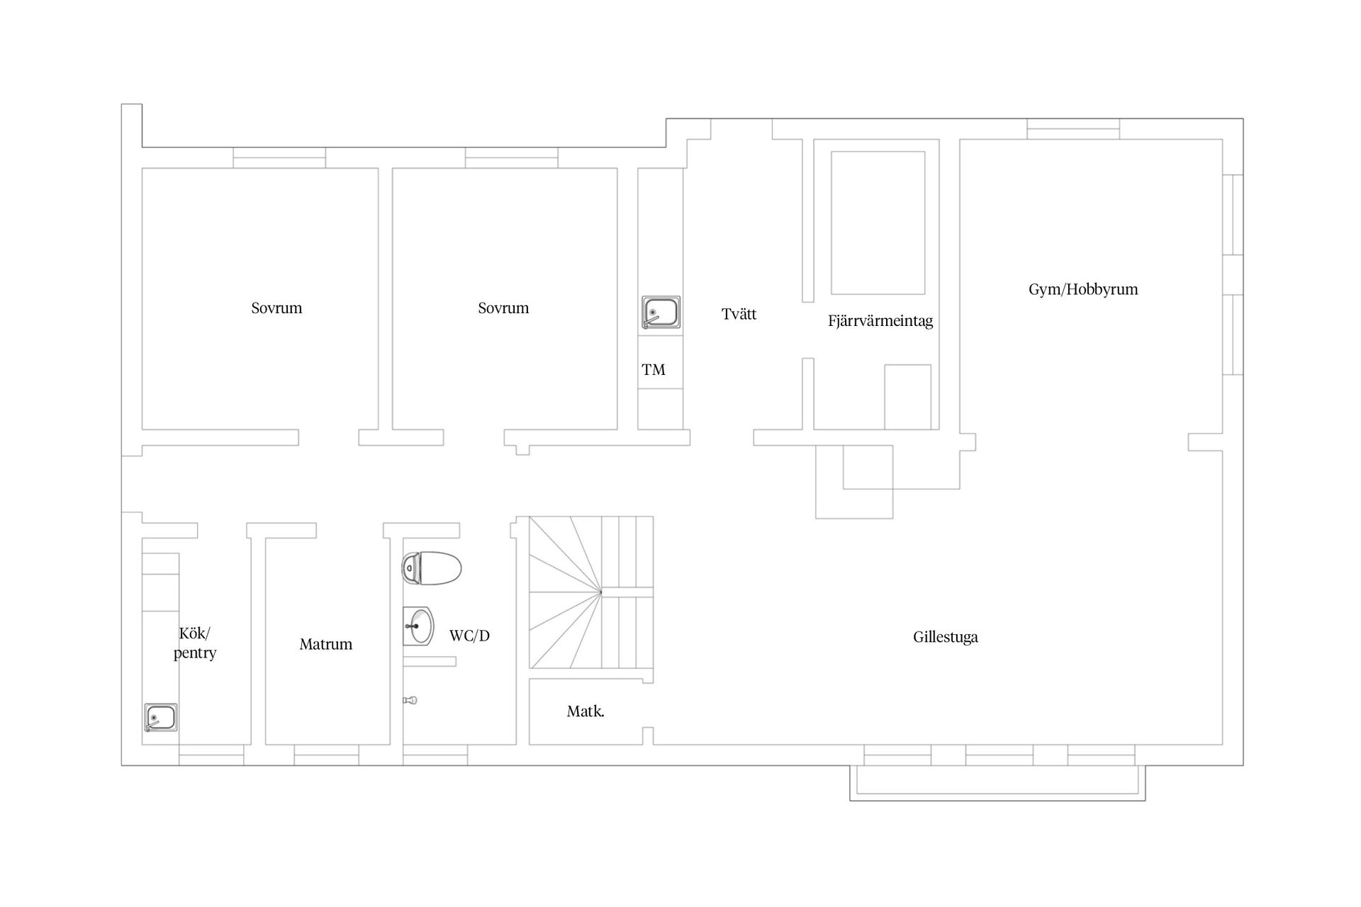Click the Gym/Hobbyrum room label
click(1083, 289)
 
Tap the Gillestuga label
click(946, 637)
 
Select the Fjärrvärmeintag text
click(880, 321)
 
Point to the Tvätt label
click(739, 314)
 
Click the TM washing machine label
click(654, 369)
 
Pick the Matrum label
click(326, 644)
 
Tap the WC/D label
click(469, 636)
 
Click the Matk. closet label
click(586, 711)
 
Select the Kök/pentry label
click(195, 643)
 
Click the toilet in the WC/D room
click(432, 568)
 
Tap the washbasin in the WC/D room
click(418, 626)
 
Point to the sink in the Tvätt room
click(661, 312)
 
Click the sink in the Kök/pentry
click(161, 718)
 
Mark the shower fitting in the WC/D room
click(410, 700)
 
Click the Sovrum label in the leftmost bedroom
click(276, 308)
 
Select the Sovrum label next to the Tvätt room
click(503, 308)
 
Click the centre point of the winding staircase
click(601, 592)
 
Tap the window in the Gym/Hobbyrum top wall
click(1073, 129)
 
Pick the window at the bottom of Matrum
click(326, 755)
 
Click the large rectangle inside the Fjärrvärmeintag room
click(878, 222)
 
